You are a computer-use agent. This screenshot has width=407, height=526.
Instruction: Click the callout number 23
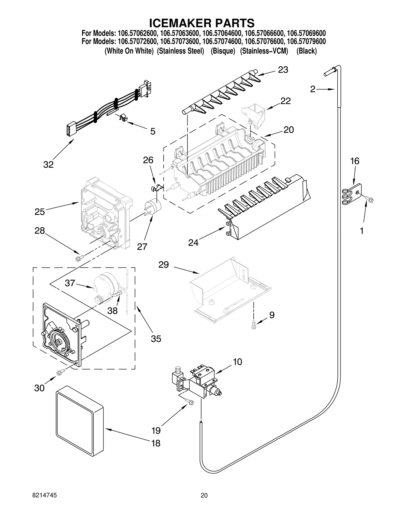point(283,70)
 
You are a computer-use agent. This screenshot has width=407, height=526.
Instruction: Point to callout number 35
point(156,339)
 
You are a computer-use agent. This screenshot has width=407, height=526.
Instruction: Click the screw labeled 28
point(78,259)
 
